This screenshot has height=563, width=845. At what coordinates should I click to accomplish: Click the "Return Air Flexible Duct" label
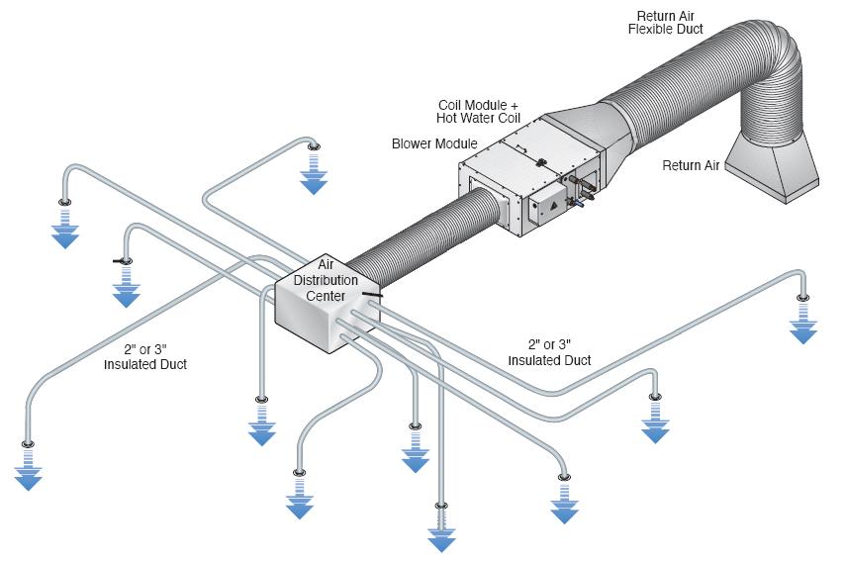665,21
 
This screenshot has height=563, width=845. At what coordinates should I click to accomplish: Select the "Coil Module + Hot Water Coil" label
478,111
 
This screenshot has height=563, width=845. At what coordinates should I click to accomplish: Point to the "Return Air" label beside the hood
691,165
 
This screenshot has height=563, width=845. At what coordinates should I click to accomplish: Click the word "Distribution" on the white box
325,280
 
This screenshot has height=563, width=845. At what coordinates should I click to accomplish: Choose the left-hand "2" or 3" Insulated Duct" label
145,357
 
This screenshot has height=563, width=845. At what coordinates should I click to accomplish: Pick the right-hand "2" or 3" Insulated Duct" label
549,353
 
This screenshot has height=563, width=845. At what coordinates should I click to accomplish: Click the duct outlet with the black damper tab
123,260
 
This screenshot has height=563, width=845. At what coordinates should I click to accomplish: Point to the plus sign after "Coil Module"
515,104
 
